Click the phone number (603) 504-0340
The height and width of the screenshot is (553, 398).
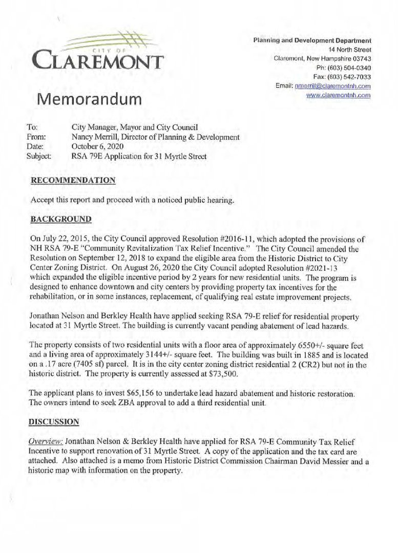pos(350,68)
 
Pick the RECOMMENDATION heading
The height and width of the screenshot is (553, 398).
pos(73,180)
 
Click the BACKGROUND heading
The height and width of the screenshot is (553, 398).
pos(61,220)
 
